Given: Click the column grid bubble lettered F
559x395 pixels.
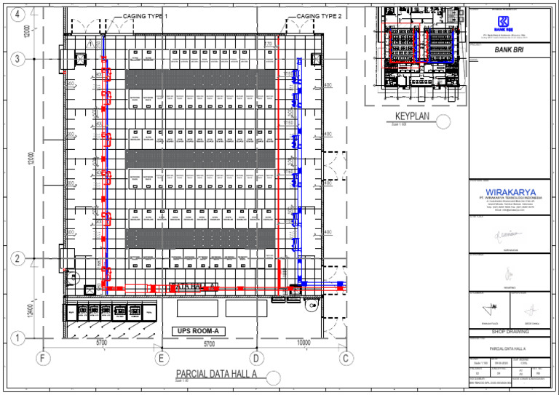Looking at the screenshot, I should [43, 357].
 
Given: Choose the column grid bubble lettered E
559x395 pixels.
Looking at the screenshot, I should [161, 357].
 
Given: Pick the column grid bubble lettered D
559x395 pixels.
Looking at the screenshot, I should [255, 357].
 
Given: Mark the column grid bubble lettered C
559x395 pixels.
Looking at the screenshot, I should [347, 357].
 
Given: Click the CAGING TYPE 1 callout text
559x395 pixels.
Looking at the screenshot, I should [146, 16].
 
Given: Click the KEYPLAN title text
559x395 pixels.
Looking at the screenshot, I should [413, 117].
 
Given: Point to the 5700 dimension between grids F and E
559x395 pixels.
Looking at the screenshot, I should [102, 342].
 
